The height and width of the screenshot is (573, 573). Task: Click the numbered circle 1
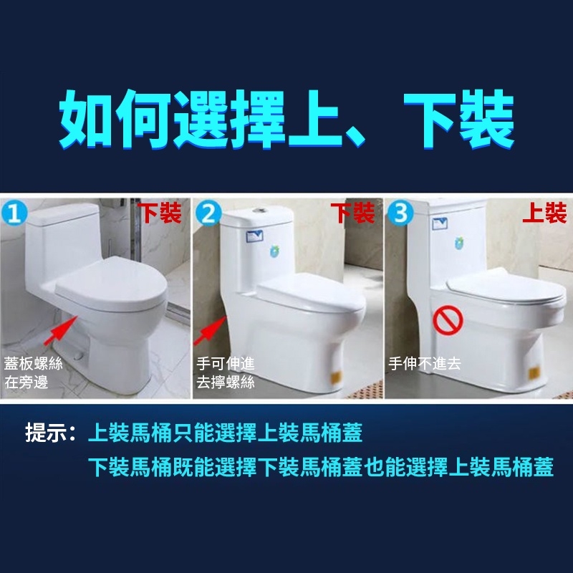click(x=14, y=213)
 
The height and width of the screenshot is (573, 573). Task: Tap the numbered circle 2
click(x=208, y=213)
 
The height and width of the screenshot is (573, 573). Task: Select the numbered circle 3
click(x=400, y=213)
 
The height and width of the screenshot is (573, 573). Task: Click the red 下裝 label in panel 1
click(x=159, y=213)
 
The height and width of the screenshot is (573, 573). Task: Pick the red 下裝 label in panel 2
click(x=352, y=213)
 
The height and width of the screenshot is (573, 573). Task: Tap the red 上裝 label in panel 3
click(x=544, y=213)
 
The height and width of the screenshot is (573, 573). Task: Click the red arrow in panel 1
click(x=60, y=331)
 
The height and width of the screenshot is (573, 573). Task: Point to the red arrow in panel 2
click(x=210, y=331)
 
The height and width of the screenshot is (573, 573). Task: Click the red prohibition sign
click(x=448, y=320)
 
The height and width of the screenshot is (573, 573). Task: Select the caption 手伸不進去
click(x=425, y=364)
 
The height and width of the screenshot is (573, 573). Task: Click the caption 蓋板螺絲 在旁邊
click(x=33, y=372)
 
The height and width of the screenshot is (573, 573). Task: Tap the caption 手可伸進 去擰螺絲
click(x=226, y=372)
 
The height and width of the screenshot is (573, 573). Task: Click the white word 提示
click(x=46, y=433)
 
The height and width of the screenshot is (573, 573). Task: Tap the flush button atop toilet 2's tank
click(x=260, y=211)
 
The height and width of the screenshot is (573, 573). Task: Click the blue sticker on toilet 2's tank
click(x=255, y=236)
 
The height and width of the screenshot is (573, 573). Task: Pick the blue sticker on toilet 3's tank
click(x=440, y=223)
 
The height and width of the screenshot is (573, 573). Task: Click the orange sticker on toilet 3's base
click(x=534, y=372)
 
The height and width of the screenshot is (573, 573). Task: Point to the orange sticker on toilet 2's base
click(x=337, y=377)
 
